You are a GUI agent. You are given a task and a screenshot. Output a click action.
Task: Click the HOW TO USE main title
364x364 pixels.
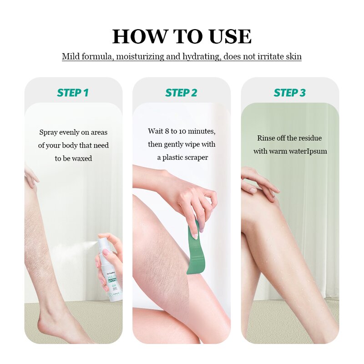pos(182,36)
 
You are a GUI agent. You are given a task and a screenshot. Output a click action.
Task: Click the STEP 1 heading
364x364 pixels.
pos(73,93)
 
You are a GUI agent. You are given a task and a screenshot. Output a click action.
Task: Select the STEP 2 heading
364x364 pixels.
pos(181,93)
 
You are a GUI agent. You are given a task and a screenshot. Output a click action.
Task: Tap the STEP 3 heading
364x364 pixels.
pos(289,93)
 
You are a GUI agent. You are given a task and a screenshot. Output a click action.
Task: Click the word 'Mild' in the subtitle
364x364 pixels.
pos(71,57)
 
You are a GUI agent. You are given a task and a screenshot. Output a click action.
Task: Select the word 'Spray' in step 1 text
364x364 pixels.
pos(48,132)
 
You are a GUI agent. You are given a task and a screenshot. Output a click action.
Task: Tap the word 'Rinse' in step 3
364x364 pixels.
pos(266,138)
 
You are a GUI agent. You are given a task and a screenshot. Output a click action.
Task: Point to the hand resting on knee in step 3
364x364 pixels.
pos(259,182)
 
